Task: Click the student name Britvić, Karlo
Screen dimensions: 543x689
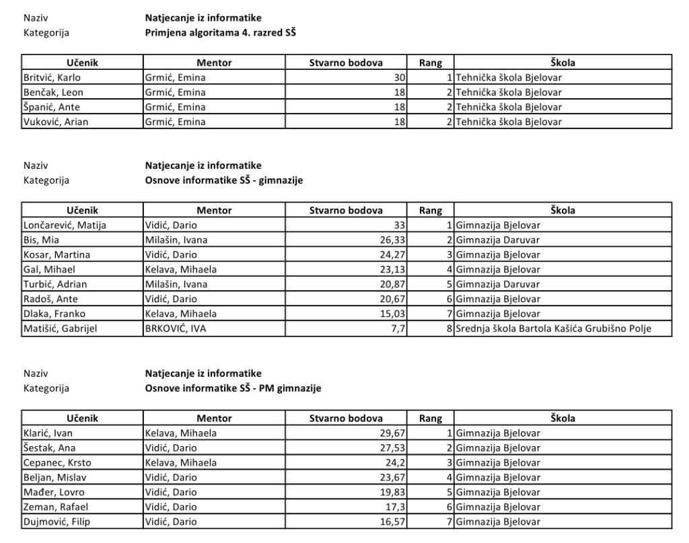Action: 48,77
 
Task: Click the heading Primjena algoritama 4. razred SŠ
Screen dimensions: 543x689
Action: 221,32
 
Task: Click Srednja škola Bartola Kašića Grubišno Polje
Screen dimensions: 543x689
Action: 554,329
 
